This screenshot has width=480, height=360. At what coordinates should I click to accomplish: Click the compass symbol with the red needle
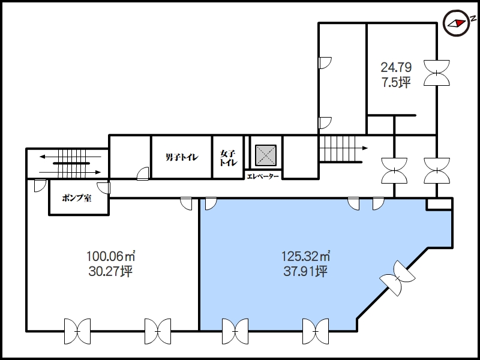click(457, 23)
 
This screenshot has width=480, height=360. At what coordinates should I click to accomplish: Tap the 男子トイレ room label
click(182, 157)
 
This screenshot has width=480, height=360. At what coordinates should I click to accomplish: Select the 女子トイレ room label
click(229, 158)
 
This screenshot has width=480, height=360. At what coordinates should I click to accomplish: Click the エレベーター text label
click(263, 176)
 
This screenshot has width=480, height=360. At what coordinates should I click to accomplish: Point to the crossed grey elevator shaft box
click(266, 155)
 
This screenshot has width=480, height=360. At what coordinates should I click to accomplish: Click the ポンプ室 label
click(77, 198)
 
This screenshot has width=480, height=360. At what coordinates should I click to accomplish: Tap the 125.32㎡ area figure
click(305, 256)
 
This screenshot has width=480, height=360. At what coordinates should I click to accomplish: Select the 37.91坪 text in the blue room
click(305, 271)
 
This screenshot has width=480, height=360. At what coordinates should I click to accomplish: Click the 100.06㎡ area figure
click(111, 256)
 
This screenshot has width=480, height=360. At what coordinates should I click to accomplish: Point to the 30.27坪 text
click(110, 271)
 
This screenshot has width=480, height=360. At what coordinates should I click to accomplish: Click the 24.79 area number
click(396, 67)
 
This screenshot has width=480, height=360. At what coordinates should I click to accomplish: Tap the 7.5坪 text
click(396, 83)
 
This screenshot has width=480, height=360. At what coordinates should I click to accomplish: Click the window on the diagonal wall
click(397, 278)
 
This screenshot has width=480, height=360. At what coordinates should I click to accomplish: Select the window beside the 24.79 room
click(437, 73)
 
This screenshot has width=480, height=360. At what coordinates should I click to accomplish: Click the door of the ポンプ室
click(104, 188)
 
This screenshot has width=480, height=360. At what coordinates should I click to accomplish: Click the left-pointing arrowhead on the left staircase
click(43, 157)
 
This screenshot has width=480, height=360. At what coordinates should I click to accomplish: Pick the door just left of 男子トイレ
click(143, 173)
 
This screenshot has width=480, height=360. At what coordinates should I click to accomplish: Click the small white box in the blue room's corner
click(440, 204)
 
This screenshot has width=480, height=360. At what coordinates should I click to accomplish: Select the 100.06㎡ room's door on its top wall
click(186, 204)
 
